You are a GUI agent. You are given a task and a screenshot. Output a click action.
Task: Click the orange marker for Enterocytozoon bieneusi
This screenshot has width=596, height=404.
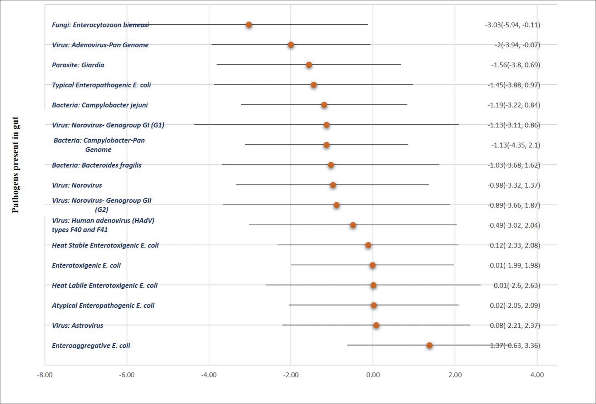pyautogui.click(x=249, y=25)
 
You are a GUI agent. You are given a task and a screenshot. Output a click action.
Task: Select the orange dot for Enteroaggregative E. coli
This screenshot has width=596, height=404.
pyautogui.click(x=429, y=345)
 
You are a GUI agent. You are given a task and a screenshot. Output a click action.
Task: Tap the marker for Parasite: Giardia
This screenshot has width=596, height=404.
pyautogui.click(x=309, y=65)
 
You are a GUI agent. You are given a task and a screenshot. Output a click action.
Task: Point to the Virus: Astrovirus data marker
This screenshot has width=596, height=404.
pyautogui.click(x=376, y=325)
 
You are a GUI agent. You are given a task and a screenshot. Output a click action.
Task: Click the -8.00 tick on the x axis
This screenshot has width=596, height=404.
pyautogui.click(x=45, y=375)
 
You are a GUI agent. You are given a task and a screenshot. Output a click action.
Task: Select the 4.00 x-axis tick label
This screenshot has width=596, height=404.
pyautogui.click(x=537, y=375)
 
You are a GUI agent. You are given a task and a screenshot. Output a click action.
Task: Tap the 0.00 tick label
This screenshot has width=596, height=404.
pyautogui.click(x=373, y=375)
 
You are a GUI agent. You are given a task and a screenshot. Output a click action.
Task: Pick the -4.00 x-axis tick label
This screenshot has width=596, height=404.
pyautogui.click(x=209, y=375)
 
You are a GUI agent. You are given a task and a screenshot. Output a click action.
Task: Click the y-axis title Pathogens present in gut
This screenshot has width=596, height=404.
pyautogui.click(x=15, y=165)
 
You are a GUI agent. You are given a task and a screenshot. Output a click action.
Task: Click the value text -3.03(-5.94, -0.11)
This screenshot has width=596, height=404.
pyautogui.click(x=513, y=25)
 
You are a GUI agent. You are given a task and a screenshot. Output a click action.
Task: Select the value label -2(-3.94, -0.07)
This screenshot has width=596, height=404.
pyautogui.click(x=517, y=45)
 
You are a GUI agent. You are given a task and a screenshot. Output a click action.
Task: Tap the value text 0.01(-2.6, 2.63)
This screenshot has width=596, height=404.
pyautogui.click(x=517, y=285)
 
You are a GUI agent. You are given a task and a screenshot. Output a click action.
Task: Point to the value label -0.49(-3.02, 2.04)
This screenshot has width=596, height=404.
pyautogui.click(x=514, y=225)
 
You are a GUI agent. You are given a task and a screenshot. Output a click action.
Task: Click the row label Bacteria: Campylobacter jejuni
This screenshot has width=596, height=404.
pyautogui.click(x=100, y=105)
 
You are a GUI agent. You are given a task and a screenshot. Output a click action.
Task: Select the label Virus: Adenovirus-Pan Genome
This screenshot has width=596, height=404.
pyautogui.click(x=100, y=45)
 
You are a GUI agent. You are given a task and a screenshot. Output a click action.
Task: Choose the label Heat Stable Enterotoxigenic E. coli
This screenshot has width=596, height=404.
pyautogui.click(x=105, y=245)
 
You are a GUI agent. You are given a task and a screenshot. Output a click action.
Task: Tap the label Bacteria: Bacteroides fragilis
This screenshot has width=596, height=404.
pyautogui.click(x=97, y=165)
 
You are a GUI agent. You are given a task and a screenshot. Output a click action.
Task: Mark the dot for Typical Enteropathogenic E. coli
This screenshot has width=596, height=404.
pyautogui.click(x=314, y=85)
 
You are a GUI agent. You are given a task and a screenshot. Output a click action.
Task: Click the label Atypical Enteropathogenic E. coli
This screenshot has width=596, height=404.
pyautogui.click(x=103, y=306)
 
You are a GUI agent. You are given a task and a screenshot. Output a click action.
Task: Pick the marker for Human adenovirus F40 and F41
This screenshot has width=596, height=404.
pyautogui.click(x=353, y=225)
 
